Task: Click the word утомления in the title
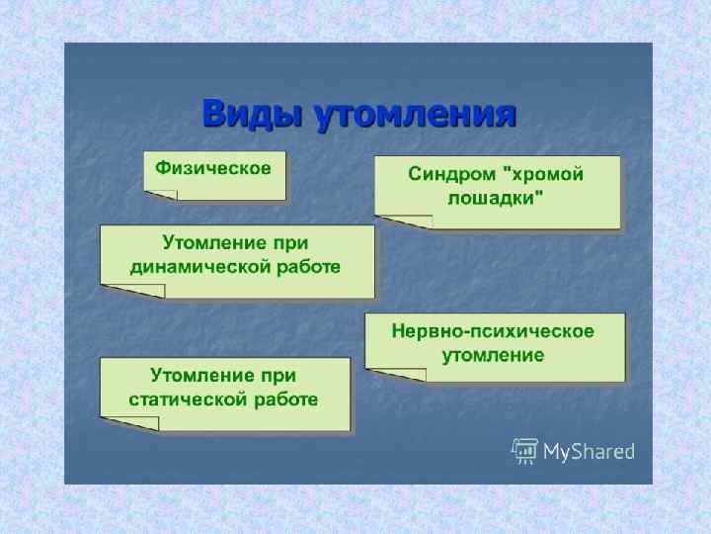pyautogui.click(x=415, y=115)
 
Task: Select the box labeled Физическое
pyautogui.click(x=214, y=174)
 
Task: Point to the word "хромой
pyautogui.click(x=543, y=174)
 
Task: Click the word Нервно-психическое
pyautogui.click(x=494, y=330)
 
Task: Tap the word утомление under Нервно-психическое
pyautogui.click(x=494, y=354)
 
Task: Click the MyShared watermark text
pyautogui.click(x=589, y=452)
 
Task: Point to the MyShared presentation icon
pyautogui.click(x=524, y=451)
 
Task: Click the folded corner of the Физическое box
pyautogui.click(x=160, y=195)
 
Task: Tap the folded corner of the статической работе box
pyautogui.click(x=129, y=423)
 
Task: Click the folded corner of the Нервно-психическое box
pyautogui.click(x=395, y=375)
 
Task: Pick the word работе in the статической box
pyautogui.click(x=286, y=400)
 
